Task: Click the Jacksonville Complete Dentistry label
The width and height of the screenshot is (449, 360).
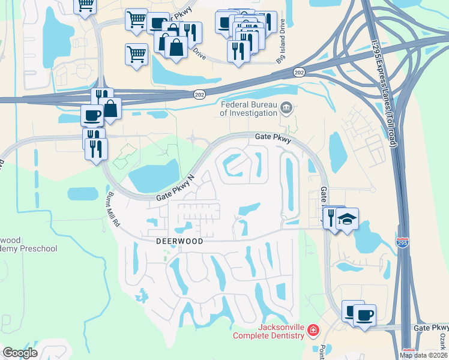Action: tap(272, 332)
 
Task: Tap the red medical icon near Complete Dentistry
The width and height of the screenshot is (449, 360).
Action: tap(313, 331)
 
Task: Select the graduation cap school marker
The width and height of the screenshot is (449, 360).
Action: tap(348, 218)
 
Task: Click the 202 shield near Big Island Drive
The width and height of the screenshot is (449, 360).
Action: tap(299, 72)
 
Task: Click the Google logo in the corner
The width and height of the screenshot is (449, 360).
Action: tap(20, 353)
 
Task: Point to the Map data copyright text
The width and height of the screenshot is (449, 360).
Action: tap(424, 355)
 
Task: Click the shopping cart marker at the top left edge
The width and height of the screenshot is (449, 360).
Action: tap(85, 5)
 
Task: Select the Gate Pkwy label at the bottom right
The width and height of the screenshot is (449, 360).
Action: tap(431, 328)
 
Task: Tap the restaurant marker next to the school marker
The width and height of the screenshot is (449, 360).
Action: tap(332, 217)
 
